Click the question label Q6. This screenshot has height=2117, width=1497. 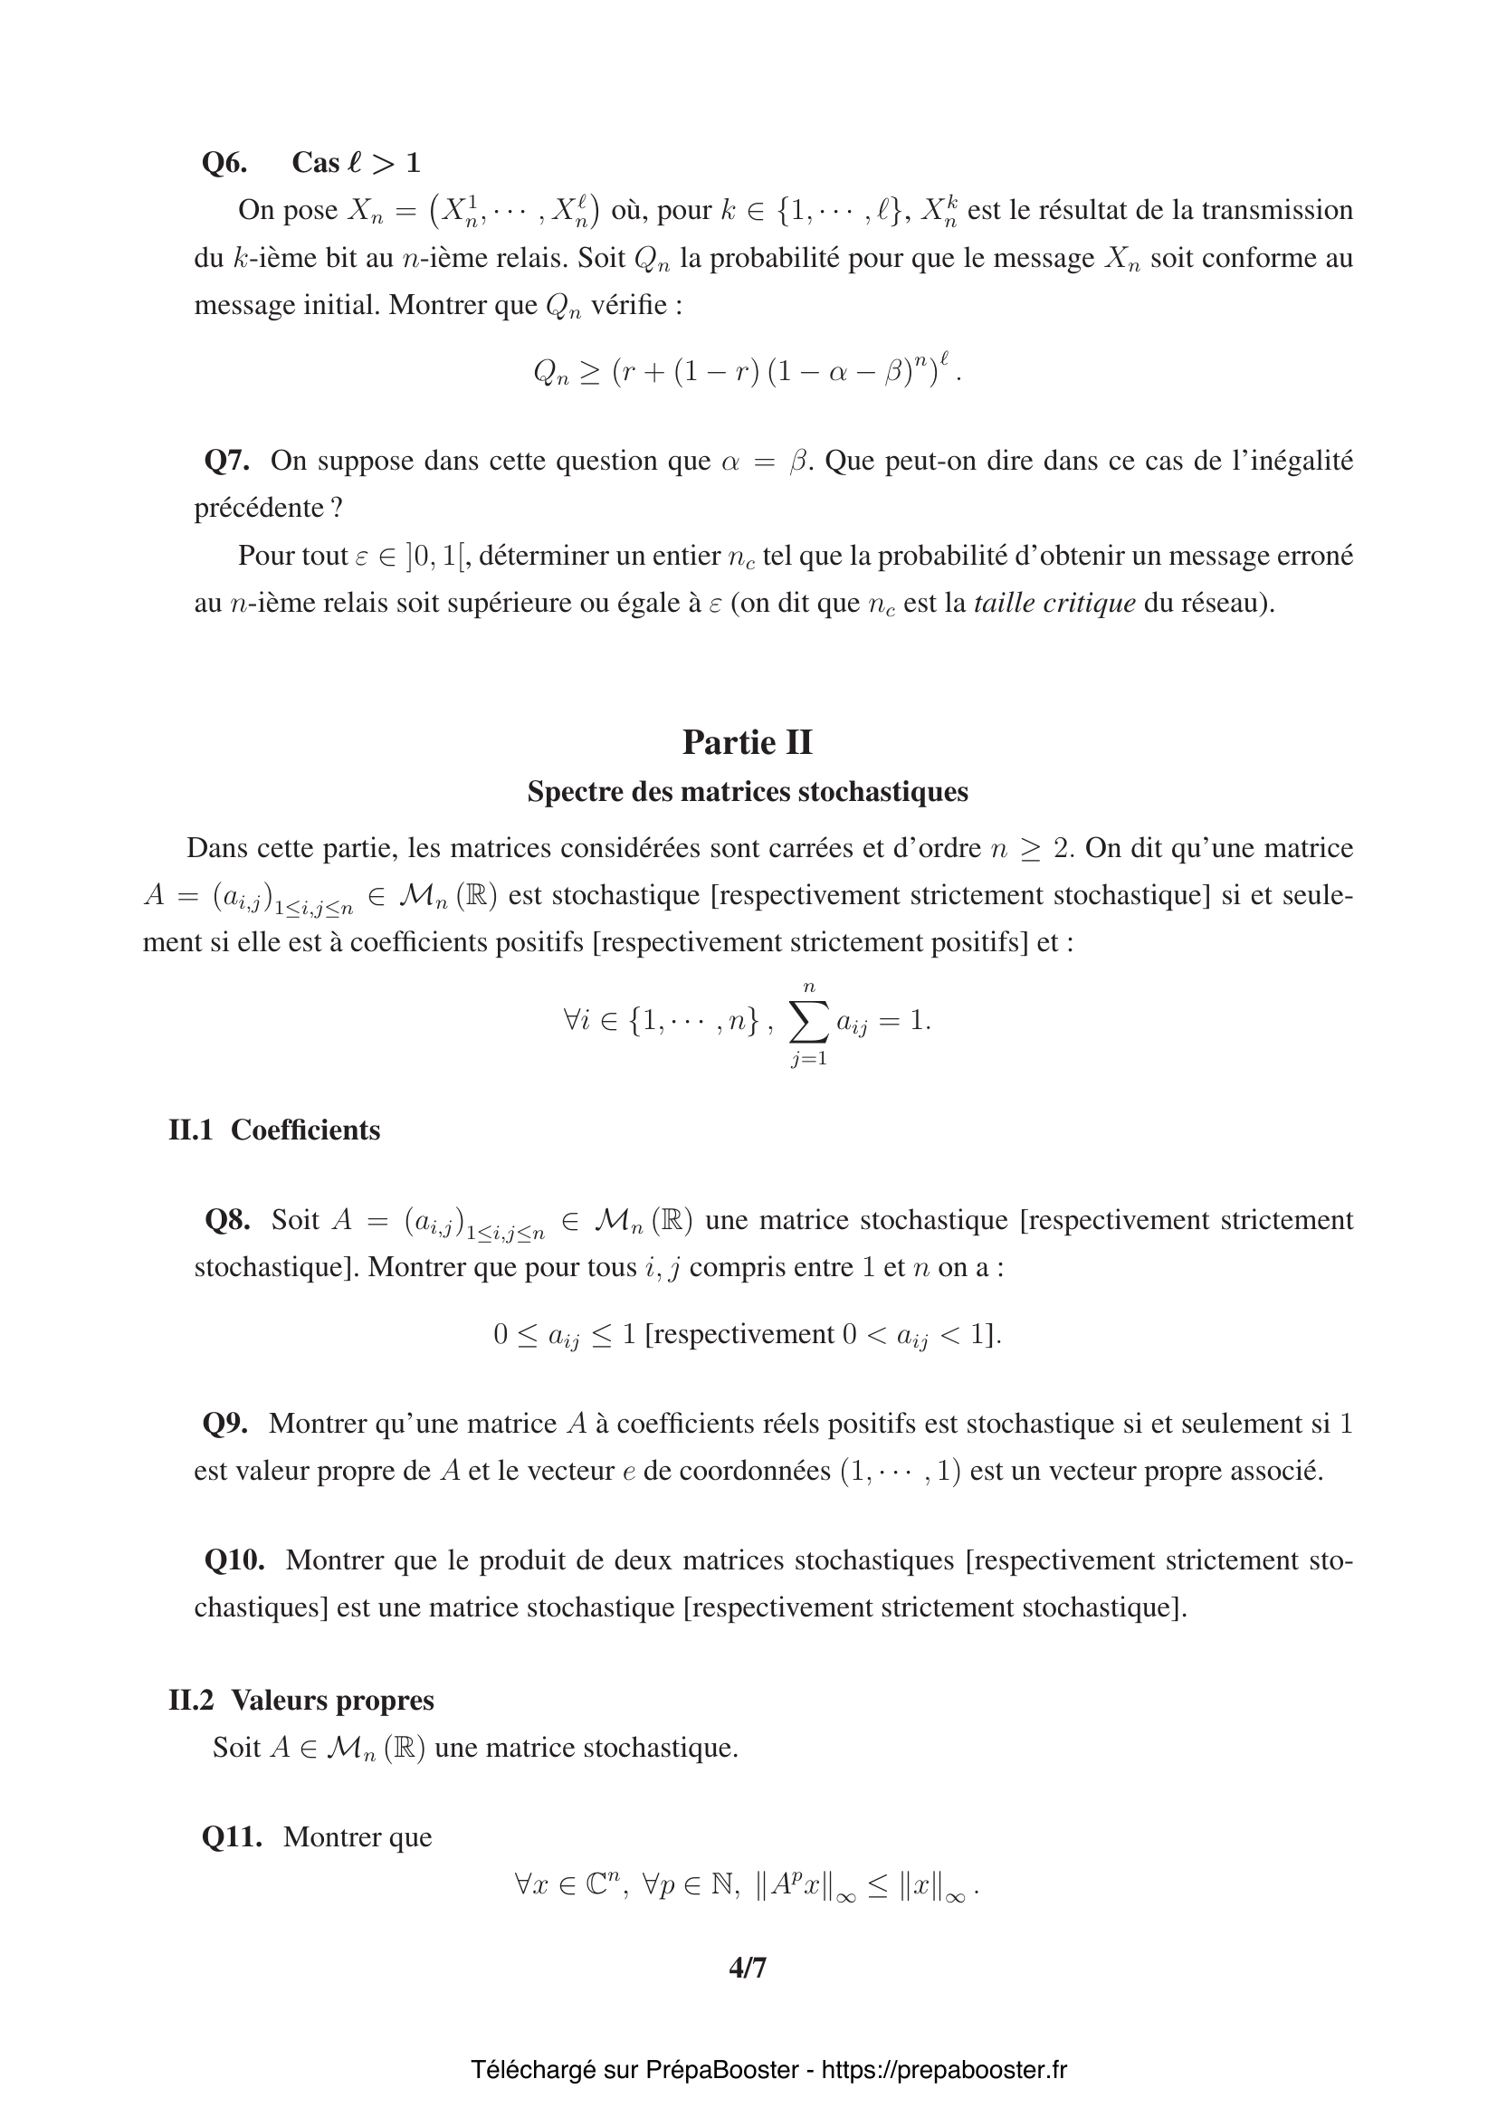coord(224,163)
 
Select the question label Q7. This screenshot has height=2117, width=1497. coord(227,461)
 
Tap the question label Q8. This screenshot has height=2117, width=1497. coord(227,1221)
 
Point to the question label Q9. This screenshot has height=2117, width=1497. coord(225,1425)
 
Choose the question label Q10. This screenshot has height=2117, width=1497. coord(234,1561)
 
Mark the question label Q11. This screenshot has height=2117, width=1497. coord(232,1837)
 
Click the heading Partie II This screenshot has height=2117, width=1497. coord(747,742)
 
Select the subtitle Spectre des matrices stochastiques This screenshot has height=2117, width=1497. coord(747,792)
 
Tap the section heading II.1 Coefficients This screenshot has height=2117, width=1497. coord(273,1130)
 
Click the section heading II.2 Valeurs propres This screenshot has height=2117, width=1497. coord(300,1701)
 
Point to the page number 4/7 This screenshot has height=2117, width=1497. coord(748,1969)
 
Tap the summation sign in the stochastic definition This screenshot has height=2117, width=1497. coord(808,1022)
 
